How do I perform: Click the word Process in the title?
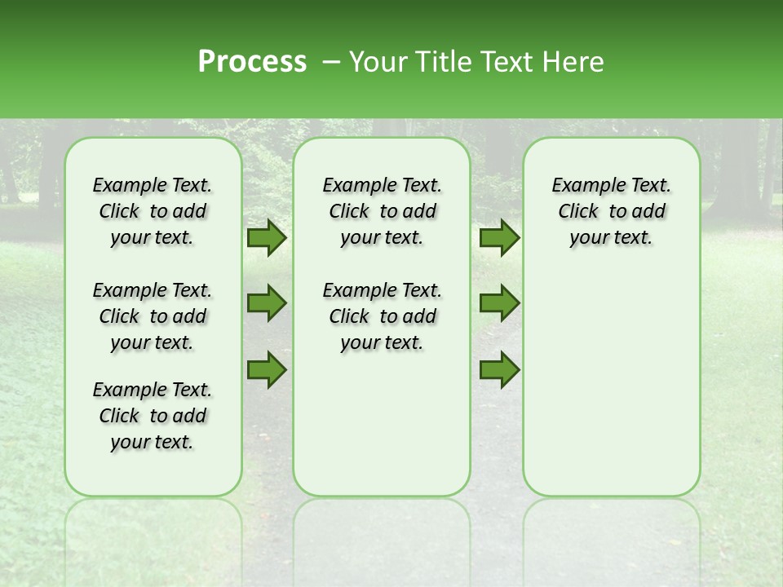[252, 62]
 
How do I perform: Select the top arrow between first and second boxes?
[267, 238]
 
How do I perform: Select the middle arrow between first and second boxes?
[267, 303]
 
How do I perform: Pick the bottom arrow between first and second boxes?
[267, 370]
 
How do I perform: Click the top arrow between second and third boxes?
[499, 238]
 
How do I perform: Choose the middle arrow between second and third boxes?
[499, 303]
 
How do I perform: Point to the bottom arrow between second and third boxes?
[499, 370]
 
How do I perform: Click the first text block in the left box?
[153, 211]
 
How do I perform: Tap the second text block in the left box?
[153, 316]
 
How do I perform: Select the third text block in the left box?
[153, 416]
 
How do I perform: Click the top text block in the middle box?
[382, 211]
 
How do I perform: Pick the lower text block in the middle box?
[382, 316]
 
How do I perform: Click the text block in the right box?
[611, 211]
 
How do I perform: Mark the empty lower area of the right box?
[611, 383]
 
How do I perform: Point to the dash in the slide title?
[330, 63]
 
